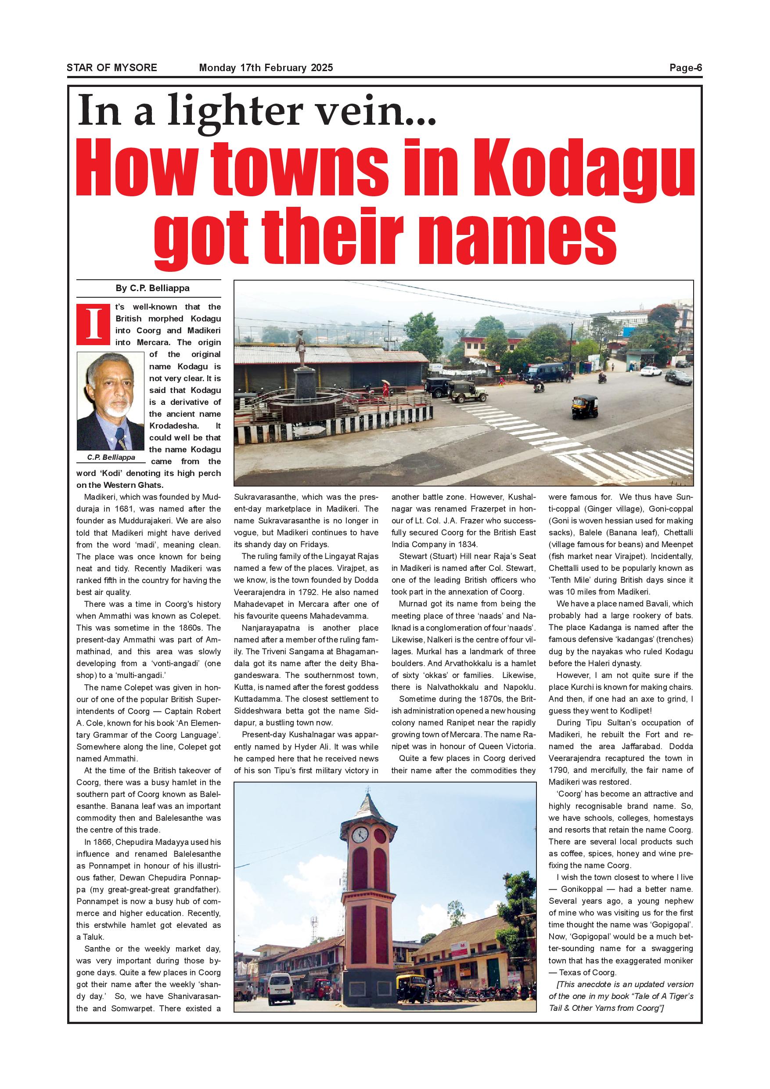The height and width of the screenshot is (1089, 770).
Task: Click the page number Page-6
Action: point(685,68)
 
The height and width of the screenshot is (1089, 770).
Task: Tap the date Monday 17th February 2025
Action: point(266,68)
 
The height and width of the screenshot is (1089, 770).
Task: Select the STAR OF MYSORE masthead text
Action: point(112,68)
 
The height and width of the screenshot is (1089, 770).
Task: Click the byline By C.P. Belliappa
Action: point(152,288)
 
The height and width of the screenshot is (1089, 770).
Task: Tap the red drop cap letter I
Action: point(94,324)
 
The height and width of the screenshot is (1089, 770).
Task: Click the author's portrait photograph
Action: point(110,401)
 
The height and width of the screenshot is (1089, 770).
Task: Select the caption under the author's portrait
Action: point(111,457)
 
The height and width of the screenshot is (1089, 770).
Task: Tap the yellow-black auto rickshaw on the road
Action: point(584,406)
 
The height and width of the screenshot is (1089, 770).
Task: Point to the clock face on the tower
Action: point(360,834)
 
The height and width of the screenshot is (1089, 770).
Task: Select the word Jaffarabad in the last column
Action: point(634,746)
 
